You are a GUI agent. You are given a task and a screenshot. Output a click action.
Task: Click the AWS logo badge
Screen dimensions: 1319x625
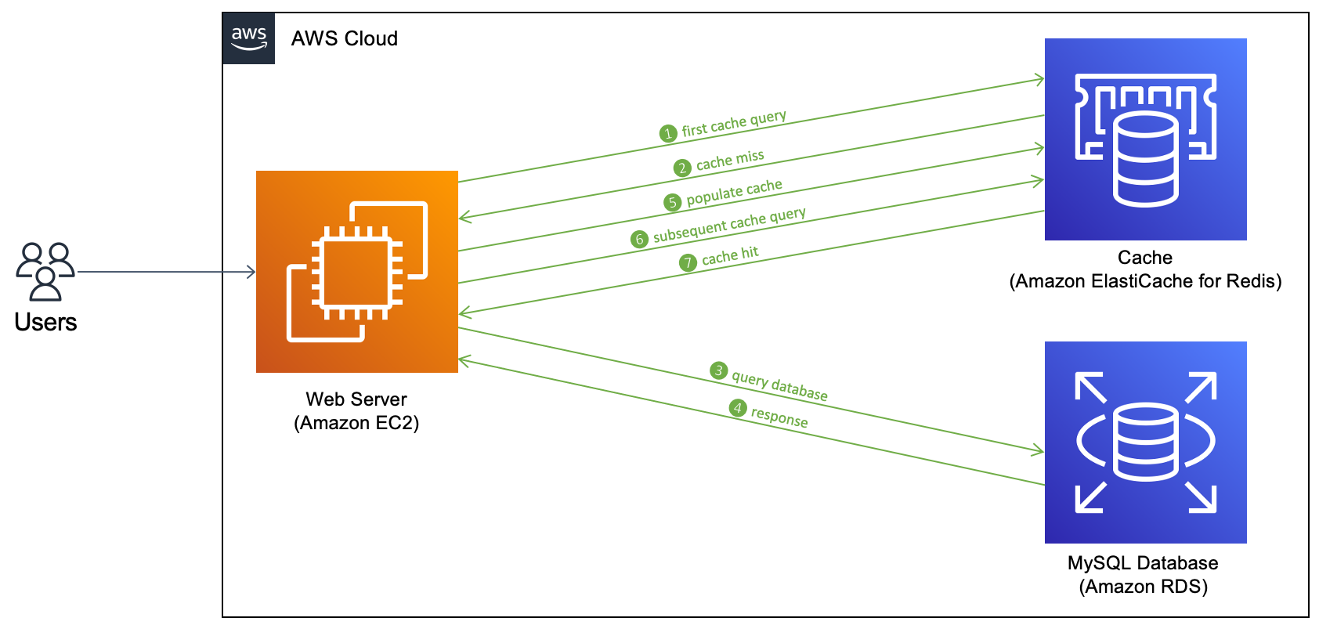(248, 38)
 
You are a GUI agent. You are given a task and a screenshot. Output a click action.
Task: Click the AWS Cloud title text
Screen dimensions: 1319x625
(345, 39)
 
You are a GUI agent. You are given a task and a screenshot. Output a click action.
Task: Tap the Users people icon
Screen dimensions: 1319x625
(45, 271)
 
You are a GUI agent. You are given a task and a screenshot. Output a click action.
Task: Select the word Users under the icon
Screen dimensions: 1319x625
(45, 322)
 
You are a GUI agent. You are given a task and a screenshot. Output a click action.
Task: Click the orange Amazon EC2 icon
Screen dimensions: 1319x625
(357, 272)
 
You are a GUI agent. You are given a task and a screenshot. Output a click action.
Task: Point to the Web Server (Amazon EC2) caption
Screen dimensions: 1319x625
(356, 411)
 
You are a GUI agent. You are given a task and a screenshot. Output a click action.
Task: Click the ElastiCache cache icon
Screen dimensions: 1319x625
(1145, 139)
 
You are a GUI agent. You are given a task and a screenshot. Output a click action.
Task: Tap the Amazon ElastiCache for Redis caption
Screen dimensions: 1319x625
(1145, 282)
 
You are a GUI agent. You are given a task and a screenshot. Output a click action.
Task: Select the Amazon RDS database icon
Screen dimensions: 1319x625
(1145, 443)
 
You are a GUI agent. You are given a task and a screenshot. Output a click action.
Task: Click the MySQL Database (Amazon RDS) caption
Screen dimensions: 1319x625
(1143, 575)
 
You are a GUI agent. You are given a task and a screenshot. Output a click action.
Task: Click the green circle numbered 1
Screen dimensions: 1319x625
(668, 134)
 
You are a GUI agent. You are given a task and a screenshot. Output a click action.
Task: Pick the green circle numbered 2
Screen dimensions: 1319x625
(682, 168)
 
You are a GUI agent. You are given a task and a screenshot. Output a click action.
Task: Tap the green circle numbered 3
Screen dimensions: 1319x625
(718, 370)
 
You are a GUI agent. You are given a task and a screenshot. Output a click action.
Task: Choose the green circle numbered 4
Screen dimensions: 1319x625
(738, 407)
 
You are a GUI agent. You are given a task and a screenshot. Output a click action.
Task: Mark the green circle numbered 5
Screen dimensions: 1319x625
(672, 203)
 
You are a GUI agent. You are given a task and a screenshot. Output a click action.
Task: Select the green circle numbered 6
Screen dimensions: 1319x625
(639, 239)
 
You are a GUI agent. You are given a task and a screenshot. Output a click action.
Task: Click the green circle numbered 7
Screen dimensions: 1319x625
(687, 262)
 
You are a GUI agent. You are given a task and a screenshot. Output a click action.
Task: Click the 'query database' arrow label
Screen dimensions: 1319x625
(779, 386)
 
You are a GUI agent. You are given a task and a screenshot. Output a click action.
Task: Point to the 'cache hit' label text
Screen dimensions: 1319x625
(730, 256)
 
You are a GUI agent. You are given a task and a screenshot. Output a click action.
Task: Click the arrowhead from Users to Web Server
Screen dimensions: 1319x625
(251, 272)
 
